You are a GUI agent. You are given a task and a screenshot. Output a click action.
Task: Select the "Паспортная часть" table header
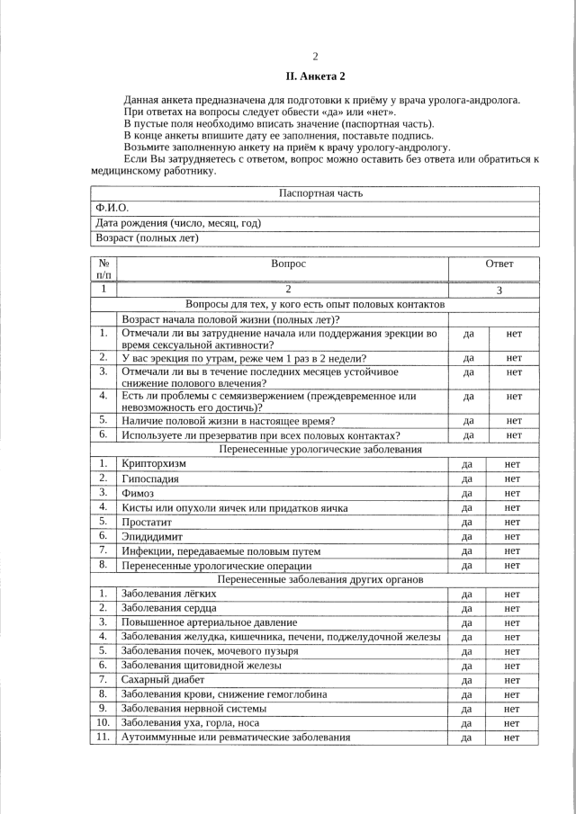coord(315,193)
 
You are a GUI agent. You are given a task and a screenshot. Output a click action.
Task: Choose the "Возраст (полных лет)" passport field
coord(147,238)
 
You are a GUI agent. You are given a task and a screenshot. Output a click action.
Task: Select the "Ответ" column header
coord(499,264)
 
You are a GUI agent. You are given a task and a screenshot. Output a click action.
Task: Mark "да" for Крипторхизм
coord(467,464)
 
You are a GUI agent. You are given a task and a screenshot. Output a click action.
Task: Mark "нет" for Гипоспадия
coord(513,479)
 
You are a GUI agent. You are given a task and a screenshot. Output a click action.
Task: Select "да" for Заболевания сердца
coord(467,608)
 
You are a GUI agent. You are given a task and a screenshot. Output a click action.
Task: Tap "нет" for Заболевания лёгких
coord(513,594)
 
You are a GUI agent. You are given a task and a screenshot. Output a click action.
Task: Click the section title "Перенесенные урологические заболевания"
coord(314,449)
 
